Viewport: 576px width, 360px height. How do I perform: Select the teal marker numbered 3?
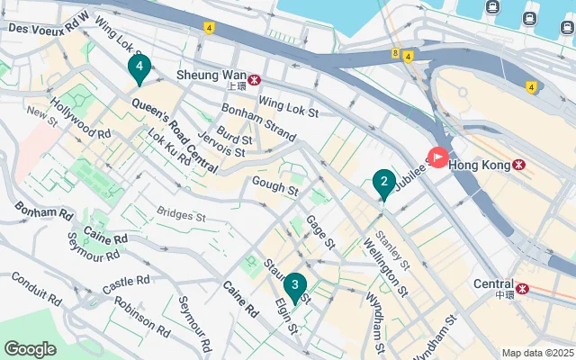point(293,287)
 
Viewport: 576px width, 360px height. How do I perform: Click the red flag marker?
point(438,157)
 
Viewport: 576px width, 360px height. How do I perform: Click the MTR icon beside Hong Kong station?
point(520,165)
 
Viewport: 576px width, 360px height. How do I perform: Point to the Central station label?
point(493,284)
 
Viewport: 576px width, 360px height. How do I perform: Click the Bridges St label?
point(181,216)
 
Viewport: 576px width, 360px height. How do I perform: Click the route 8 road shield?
point(395,53)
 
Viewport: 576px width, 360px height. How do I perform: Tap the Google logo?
point(30,348)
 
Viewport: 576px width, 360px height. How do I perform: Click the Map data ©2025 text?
point(536,353)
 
